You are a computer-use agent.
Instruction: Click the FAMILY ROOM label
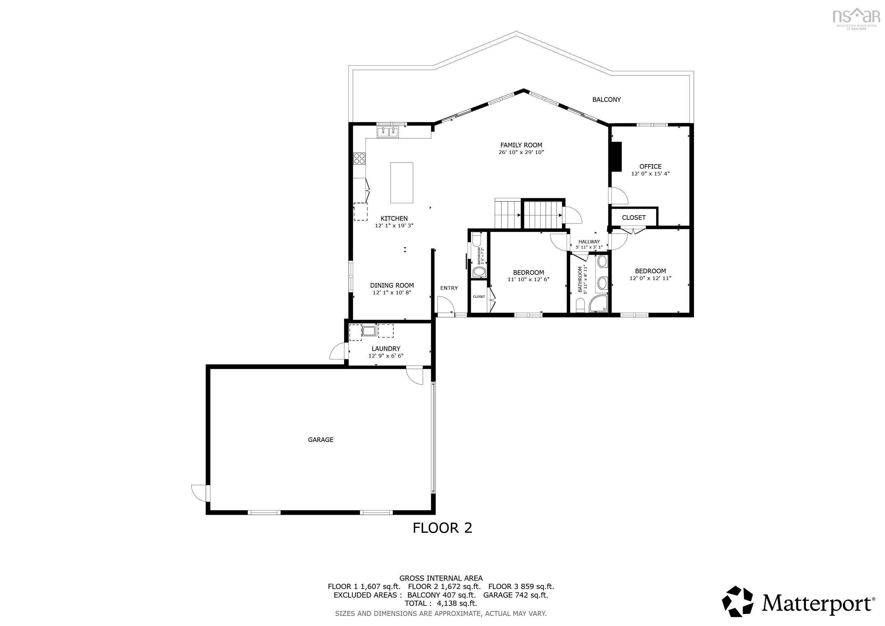point(521,145)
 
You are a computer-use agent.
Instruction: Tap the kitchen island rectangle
point(402,183)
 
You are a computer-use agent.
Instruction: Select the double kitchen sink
point(388,132)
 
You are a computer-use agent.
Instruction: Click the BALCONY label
point(606,99)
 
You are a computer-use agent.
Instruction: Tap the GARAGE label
point(320,440)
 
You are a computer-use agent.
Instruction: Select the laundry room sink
point(369,331)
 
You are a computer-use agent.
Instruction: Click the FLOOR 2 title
point(442,528)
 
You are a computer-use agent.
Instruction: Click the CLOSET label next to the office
point(633,217)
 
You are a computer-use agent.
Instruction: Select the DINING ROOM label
point(392,285)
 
